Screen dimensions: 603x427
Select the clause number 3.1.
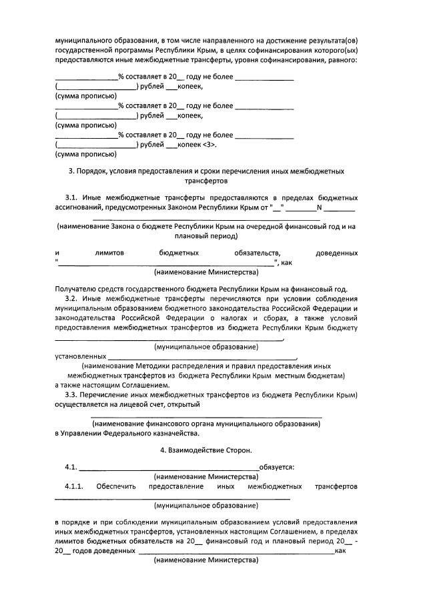tap(73, 198)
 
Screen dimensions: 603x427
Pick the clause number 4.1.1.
tap(76, 486)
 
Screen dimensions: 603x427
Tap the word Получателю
tap(75, 289)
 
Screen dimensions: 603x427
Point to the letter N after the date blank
tap(319, 207)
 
